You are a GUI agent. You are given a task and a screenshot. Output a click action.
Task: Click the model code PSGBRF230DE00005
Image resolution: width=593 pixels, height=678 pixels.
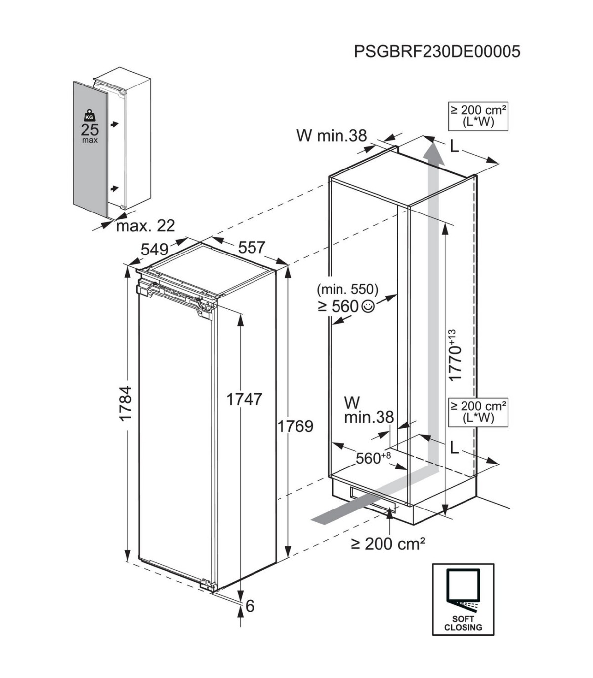(437, 51)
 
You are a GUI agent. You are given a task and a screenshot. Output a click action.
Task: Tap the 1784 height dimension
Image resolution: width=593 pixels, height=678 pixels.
(126, 403)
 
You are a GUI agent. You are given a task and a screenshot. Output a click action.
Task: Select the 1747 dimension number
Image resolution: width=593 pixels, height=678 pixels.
(244, 399)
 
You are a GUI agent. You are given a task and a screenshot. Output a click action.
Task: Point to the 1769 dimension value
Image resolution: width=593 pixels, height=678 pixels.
(295, 426)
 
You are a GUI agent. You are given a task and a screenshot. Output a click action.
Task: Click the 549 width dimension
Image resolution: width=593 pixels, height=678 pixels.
(155, 248)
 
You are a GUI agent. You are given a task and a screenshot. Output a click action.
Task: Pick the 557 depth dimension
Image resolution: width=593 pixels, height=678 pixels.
(252, 247)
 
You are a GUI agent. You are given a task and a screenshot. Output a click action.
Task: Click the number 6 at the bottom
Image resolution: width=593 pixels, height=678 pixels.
(250, 605)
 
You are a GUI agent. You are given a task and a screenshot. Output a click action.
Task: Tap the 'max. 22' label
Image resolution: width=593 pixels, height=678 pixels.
(146, 226)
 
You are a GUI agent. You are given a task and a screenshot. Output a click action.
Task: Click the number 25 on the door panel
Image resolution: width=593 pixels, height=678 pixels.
(89, 130)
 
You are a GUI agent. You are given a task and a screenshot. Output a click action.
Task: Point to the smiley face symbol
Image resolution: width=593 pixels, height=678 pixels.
(368, 306)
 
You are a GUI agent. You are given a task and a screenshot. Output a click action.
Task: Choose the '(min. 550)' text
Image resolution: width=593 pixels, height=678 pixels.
(348, 289)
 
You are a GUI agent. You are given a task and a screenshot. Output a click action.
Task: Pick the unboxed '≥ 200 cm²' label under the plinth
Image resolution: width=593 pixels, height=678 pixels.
(388, 544)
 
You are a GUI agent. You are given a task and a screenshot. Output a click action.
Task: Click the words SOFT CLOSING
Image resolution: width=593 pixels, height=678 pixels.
(463, 623)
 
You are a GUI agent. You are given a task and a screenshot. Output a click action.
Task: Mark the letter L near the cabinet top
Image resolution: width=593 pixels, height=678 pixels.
(454, 146)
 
